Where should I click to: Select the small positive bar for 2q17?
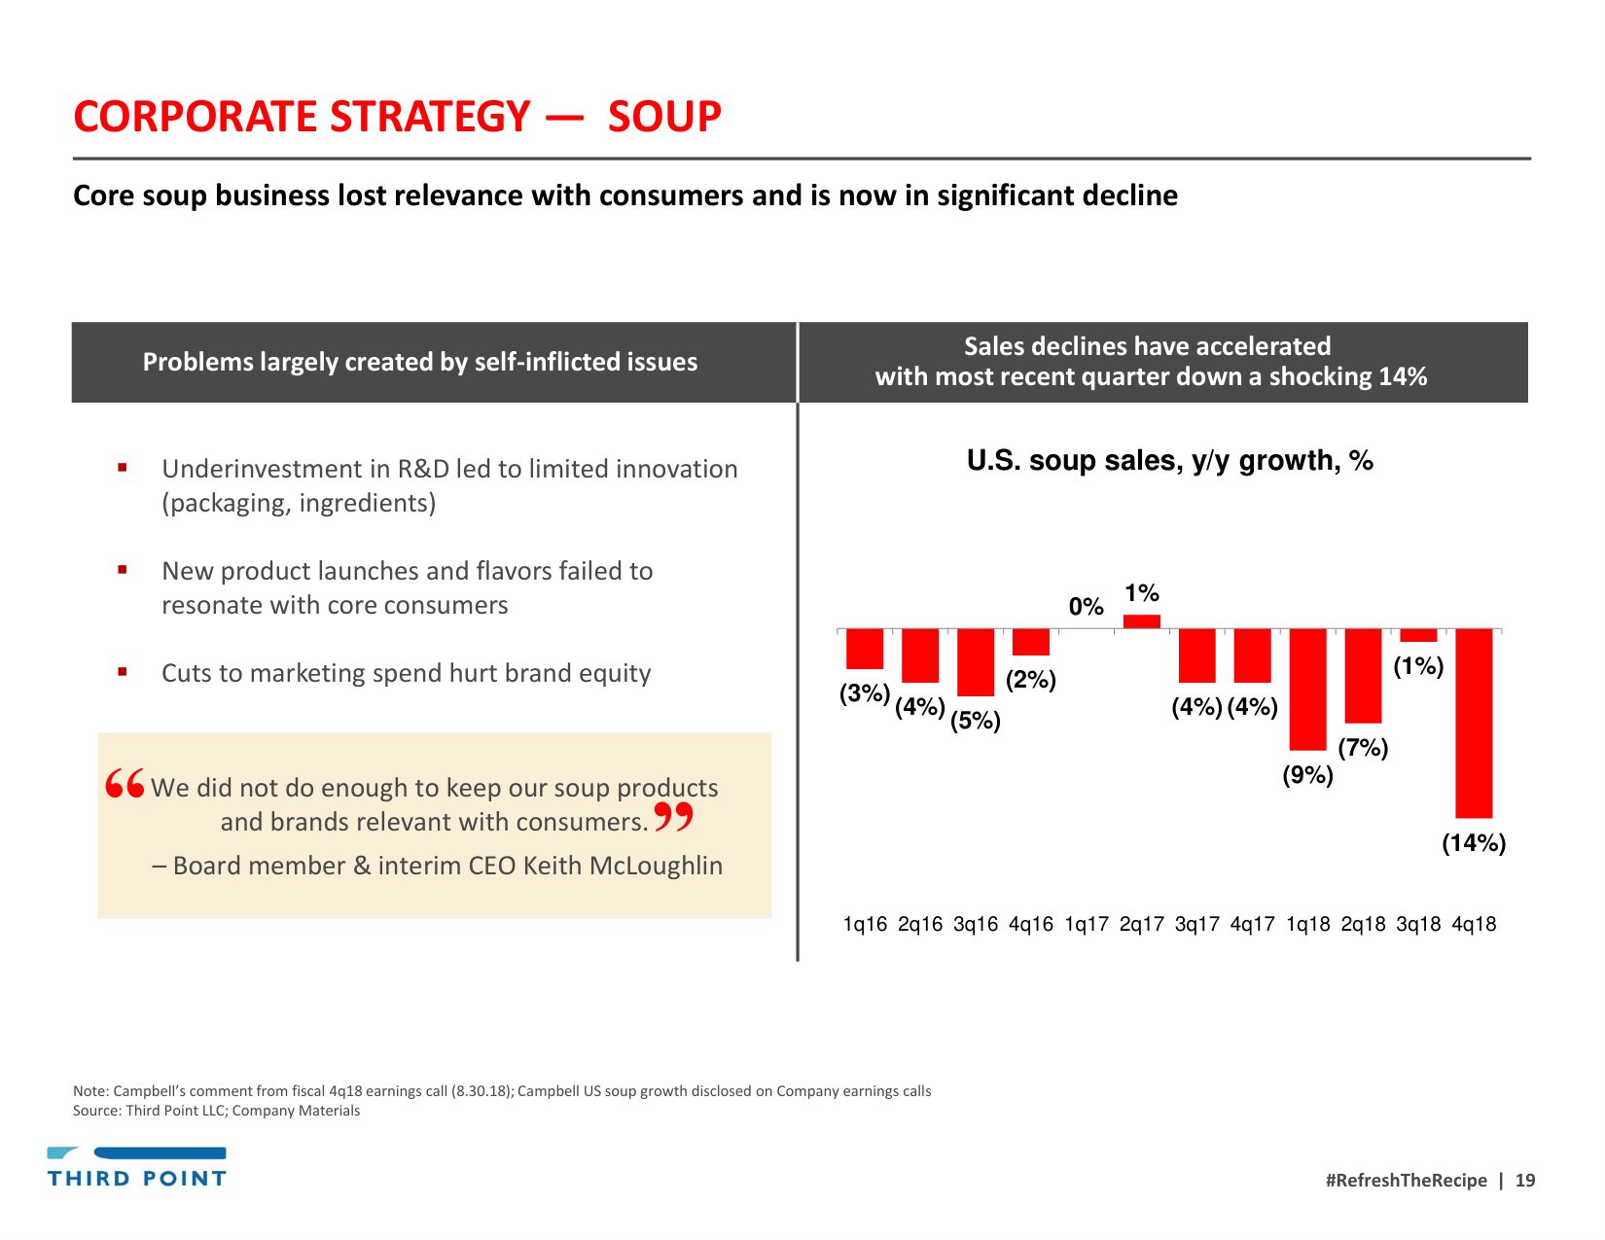coord(1142,621)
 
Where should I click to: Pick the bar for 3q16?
coord(976,661)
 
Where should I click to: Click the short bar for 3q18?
coord(1418,635)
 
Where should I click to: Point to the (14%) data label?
coord(1474,843)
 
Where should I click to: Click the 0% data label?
coord(1086,607)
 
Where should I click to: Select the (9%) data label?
coord(1307,775)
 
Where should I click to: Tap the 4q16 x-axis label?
coord(1031,924)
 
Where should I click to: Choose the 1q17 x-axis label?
coord(1087,924)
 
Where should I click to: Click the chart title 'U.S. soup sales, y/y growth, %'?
coord(1169,460)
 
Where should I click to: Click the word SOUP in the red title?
coord(664,118)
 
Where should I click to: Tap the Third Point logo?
coord(137,1167)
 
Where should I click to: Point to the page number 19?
coord(1525,1181)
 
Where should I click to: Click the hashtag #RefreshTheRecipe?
coord(1406,1181)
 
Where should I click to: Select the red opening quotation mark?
coord(125,783)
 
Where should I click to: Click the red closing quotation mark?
coord(673,817)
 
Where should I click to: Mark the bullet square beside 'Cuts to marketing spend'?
coord(123,671)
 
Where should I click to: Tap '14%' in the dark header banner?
coord(1403,377)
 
